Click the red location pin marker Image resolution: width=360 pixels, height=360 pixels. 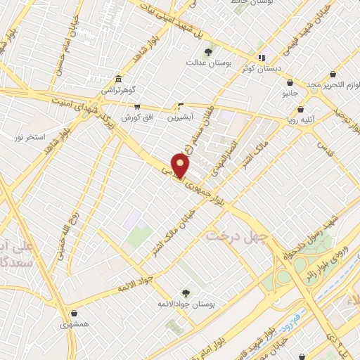[181, 166]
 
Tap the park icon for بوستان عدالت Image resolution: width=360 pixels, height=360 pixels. [208, 52]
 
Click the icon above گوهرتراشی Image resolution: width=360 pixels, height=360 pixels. [117, 79]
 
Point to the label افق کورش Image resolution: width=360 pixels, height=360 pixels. [136, 117]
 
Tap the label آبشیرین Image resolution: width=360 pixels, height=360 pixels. [181, 117]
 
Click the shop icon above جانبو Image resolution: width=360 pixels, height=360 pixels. [290, 82]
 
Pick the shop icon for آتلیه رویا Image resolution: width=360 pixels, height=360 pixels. [301, 109]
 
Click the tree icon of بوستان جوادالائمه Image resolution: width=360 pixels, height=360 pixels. [186, 293]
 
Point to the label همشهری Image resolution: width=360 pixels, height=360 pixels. [75, 324]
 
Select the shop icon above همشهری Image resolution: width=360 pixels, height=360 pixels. [75, 313]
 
